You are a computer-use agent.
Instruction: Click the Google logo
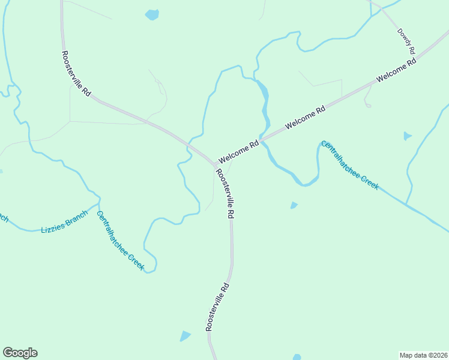tap(20, 353)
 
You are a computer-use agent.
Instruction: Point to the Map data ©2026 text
tap(423, 355)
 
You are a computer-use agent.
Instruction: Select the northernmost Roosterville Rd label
tap(76, 74)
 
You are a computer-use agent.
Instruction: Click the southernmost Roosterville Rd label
tap(217, 306)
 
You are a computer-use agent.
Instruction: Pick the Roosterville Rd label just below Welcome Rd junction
tap(225, 193)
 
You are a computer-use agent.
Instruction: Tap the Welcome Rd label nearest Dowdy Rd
tap(396, 71)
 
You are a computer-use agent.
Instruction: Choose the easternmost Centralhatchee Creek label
tap(350, 165)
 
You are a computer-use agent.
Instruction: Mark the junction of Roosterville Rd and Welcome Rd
tap(216, 164)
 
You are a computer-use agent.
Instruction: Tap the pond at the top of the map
tap(152, 14)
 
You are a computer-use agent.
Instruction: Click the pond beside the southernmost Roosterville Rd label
tap(185, 336)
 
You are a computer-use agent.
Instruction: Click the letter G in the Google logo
tap(8, 353)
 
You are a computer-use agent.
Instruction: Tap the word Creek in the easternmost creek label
tap(368, 181)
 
